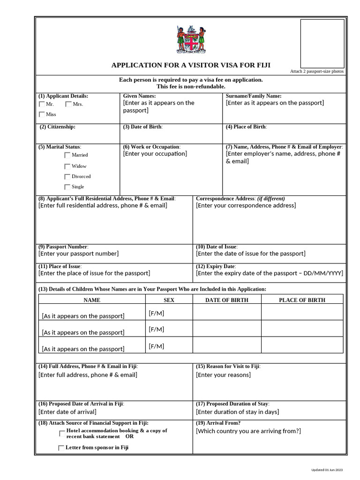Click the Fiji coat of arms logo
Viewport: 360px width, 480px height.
click(191, 40)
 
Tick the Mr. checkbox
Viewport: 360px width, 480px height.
click(42, 104)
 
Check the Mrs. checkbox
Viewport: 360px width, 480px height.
click(68, 104)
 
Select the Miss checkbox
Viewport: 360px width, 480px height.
click(42, 114)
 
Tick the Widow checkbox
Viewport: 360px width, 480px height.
click(67, 166)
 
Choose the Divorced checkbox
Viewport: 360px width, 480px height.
click(67, 177)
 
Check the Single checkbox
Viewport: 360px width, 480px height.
click(67, 187)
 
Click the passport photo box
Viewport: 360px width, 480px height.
click(322, 44)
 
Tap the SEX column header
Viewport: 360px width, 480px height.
click(169, 300)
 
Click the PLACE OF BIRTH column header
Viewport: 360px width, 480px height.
click(302, 300)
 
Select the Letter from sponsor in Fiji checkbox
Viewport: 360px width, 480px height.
click(61, 448)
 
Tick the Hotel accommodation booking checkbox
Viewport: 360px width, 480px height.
click(62, 434)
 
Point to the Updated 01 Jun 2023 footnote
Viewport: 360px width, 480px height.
click(327, 470)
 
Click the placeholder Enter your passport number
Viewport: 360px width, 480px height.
click(78, 254)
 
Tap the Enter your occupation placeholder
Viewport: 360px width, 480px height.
click(155, 154)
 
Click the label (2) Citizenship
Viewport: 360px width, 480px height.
click(57, 127)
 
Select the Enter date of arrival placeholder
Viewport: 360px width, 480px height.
click(67, 412)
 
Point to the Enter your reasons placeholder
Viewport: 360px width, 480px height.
click(223, 375)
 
